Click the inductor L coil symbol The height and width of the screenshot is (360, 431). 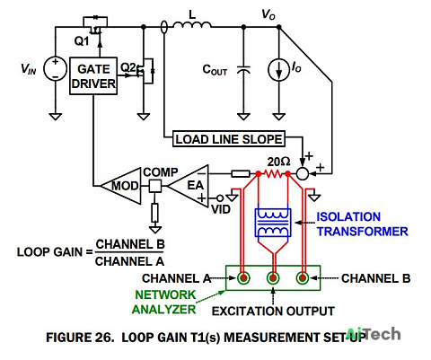point(192,25)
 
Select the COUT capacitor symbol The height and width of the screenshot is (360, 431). point(243,70)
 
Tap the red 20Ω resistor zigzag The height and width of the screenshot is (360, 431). point(273,173)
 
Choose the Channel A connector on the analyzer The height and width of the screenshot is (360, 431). point(243,278)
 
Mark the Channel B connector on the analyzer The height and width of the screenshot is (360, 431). point(303,278)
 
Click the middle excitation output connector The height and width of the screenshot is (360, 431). point(273,278)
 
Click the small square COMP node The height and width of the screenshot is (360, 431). point(155,186)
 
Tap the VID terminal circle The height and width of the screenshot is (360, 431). point(220,198)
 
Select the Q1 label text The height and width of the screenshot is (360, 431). point(82,40)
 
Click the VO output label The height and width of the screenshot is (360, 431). point(268,14)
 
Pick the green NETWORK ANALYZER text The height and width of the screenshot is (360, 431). point(164,302)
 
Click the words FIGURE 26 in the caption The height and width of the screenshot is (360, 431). point(80,338)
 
